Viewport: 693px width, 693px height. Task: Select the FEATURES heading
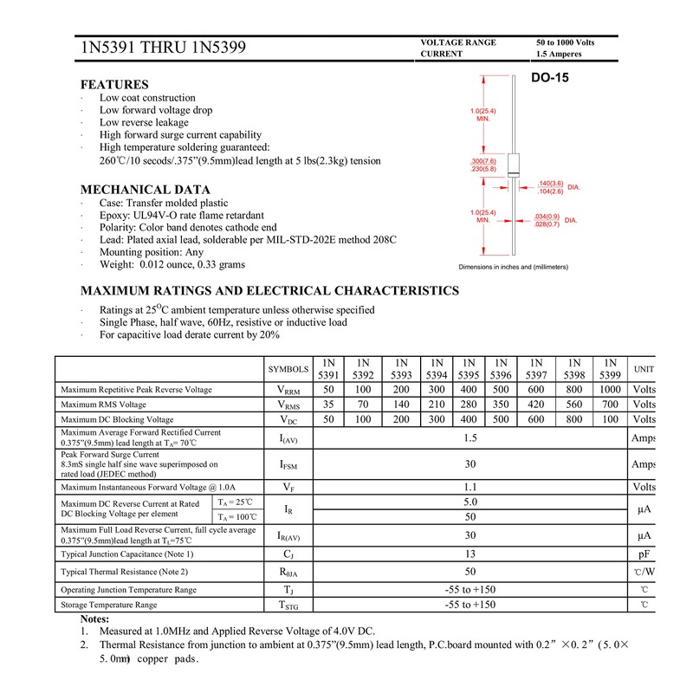[x=114, y=85]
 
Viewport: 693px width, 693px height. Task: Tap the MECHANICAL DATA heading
[x=146, y=190]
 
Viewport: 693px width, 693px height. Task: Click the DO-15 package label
[x=550, y=79]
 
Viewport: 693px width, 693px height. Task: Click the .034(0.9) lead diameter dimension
[x=547, y=217]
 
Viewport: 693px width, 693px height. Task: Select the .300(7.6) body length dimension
[x=483, y=162]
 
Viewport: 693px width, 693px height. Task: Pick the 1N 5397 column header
[x=536, y=368]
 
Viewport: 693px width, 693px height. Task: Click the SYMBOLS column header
[x=288, y=369]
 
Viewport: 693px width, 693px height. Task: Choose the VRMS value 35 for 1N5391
[x=328, y=405]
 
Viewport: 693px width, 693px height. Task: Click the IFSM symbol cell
[x=288, y=465]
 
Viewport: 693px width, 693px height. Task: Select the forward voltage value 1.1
[x=470, y=487]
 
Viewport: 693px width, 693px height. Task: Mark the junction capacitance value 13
[x=470, y=554]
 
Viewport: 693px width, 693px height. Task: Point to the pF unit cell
[x=644, y=554]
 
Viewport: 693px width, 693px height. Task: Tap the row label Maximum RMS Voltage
[x=104, y=405]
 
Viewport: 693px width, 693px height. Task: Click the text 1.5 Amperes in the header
[x=559, y=54]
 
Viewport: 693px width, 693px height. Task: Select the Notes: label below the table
[x=94, y=619]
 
